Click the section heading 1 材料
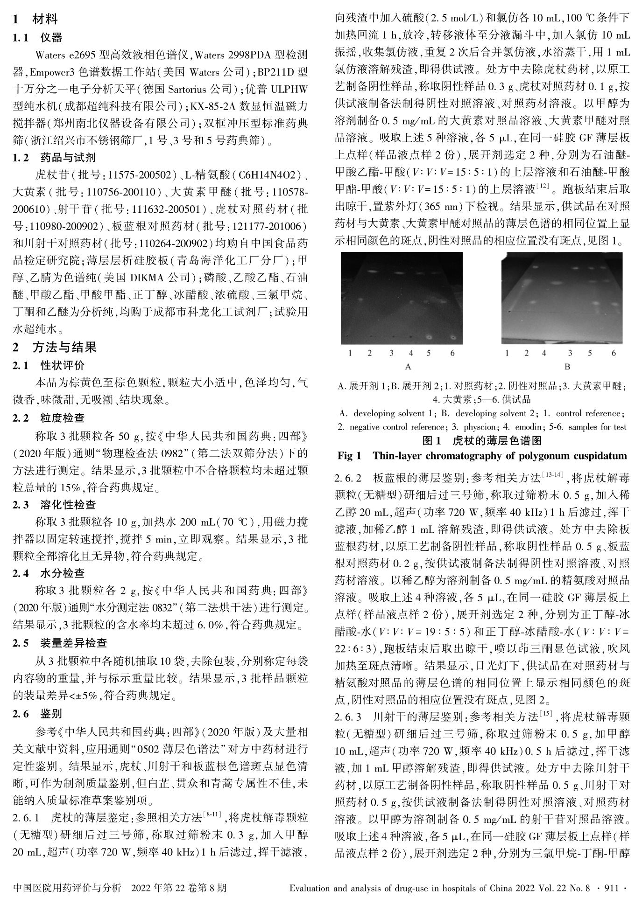(35, 19)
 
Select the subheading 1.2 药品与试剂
(55, 157)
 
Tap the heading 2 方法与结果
(54, 347)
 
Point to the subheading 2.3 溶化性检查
(55, 504)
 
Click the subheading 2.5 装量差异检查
(60, 643)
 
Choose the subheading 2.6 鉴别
(38, 714)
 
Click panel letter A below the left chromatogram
(408, 366)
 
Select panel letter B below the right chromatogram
(567, 366)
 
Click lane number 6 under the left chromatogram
(452, 353)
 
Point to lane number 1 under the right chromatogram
(507, 353)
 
